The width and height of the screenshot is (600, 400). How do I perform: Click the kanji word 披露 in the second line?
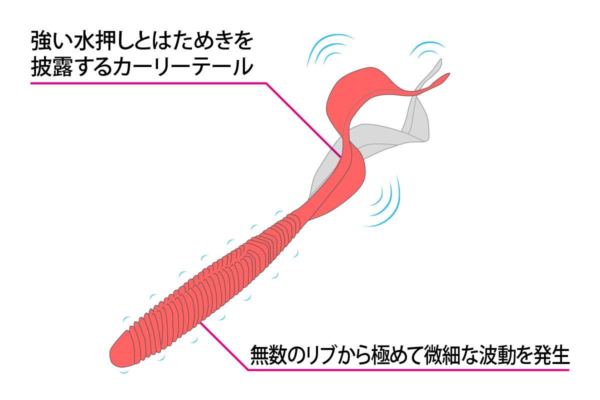pos(52,66)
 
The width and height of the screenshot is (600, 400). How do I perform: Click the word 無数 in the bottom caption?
pos(269,355)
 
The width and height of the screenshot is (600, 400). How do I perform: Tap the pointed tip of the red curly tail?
pos(448,74)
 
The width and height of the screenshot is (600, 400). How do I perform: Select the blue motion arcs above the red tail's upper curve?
pos(329,48)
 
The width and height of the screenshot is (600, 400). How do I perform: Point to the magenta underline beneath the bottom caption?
pos(408,370)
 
